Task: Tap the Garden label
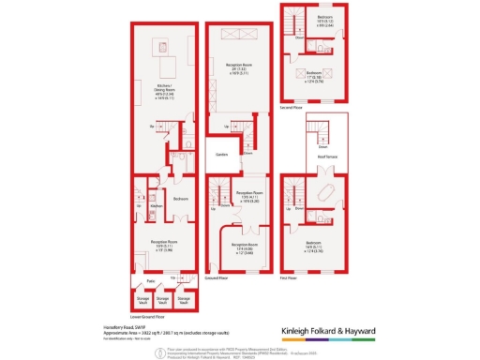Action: pos(222,154)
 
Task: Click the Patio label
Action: pos(150,280)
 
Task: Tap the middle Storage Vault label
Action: pos(163,300)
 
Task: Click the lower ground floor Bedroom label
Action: pos(181,200)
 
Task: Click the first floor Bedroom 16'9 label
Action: pos(326,246)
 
